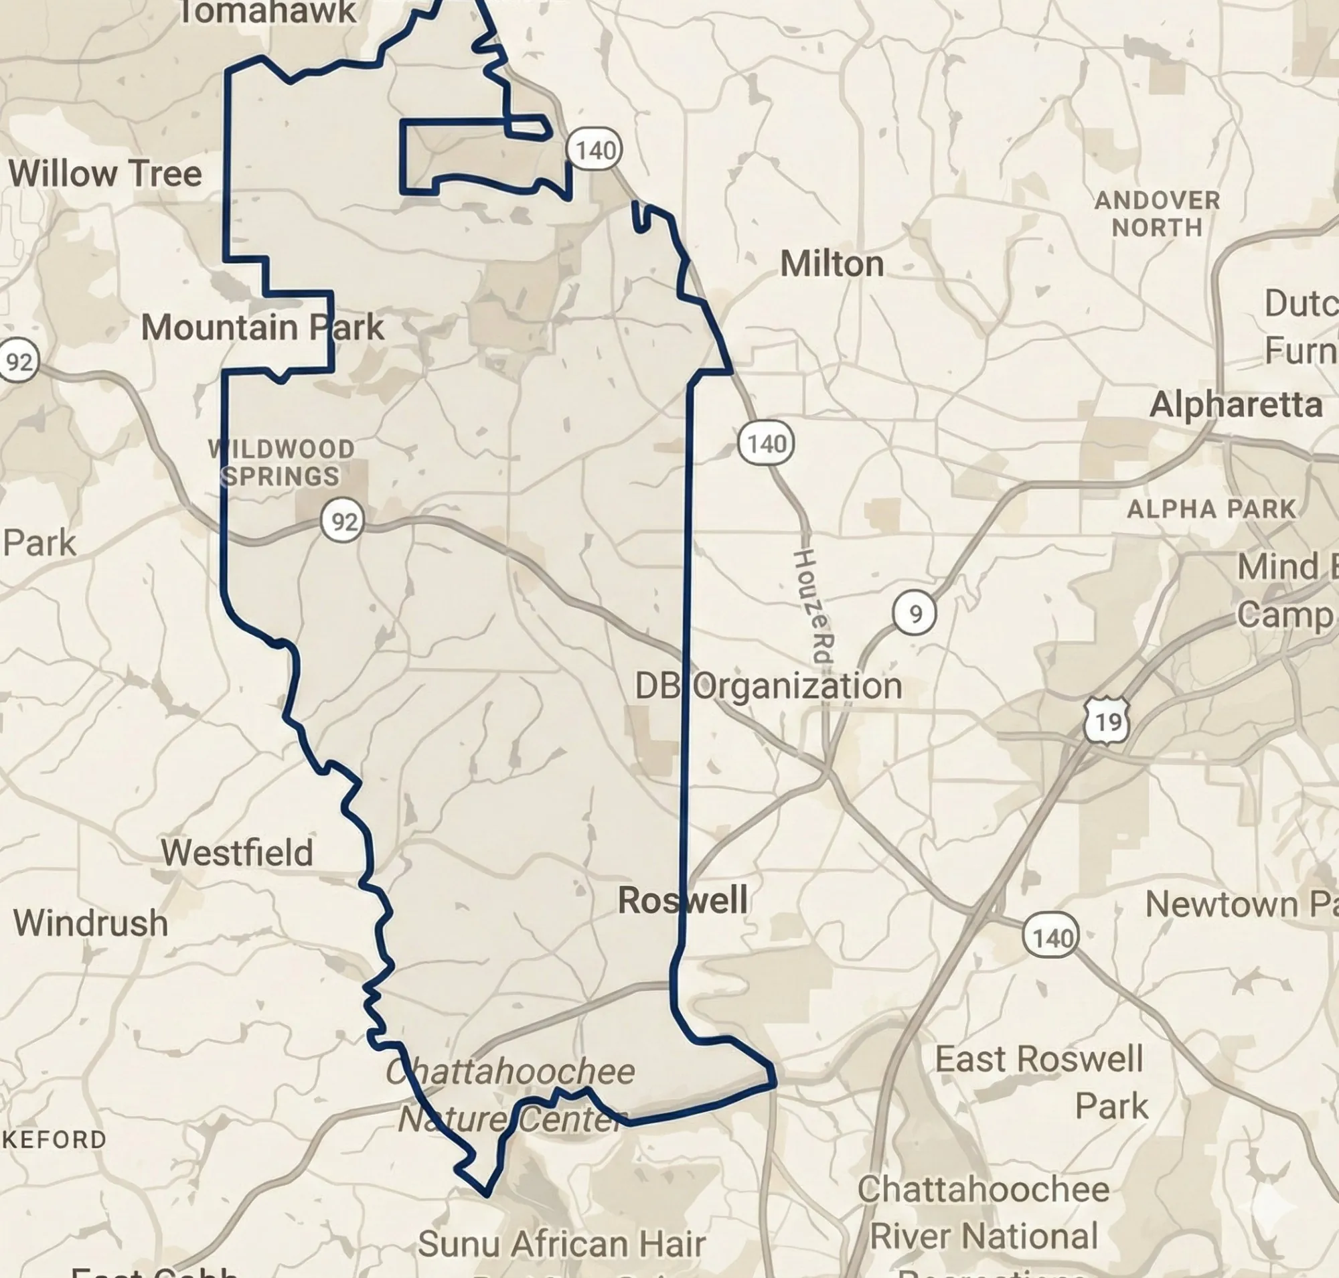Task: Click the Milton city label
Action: pos(832,264)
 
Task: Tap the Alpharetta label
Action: pos(1235,405)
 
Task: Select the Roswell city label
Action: pos(682,900)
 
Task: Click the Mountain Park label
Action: pos(262,327)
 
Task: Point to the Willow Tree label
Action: pos(105,173)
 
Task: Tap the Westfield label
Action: pos(236,852)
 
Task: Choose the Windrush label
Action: pos(90,923)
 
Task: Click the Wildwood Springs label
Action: pos(281,463)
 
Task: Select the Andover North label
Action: pos(1157,214)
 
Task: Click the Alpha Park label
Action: pos(1210,509)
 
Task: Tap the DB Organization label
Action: pos(768,686)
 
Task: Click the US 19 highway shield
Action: pos(1106,721)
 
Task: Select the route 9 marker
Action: pos(915,614)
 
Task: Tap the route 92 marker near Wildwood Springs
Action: pos(343,521)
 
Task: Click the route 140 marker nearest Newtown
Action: pos(1050,937)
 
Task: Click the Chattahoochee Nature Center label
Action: pos(509,1095)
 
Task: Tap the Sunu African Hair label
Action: pos(561,1244)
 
